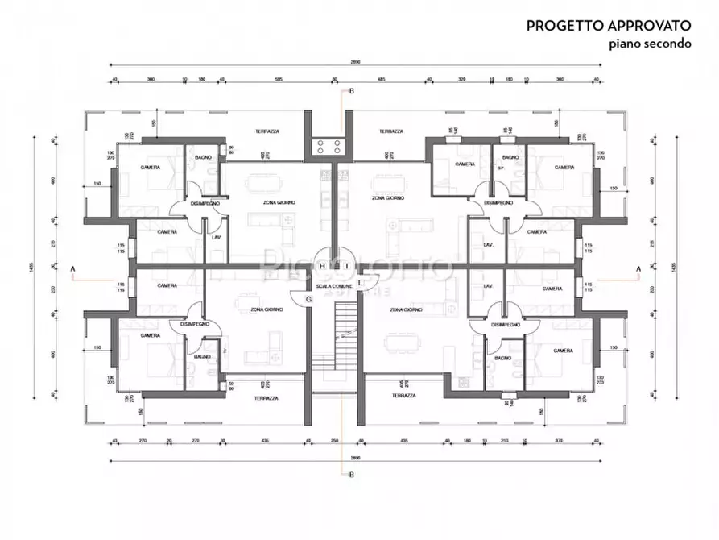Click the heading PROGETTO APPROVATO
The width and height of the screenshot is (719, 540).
click(609, 26)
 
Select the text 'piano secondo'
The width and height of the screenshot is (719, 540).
click(649, 44)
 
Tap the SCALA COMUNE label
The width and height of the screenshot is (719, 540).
click(333, 287)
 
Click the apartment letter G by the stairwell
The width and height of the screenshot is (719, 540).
click(309, 300)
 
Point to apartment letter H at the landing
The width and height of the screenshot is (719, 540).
click(322, 265)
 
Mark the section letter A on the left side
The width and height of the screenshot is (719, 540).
click(73, 268)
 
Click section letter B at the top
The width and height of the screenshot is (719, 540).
click(351, 92)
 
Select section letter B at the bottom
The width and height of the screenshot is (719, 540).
click(351, 475)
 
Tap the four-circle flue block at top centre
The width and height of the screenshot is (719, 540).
click(330, 147)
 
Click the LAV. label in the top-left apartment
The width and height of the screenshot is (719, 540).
click(217, 238)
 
